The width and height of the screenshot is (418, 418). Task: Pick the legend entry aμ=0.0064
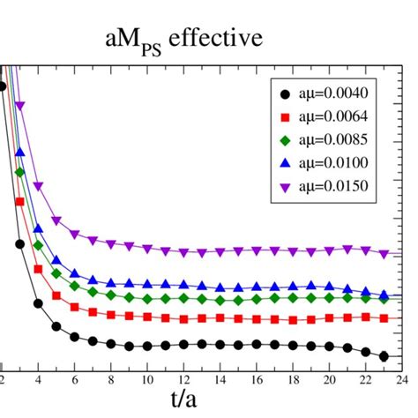tap(332, 116)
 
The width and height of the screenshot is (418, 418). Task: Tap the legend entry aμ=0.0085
tap(332, 139)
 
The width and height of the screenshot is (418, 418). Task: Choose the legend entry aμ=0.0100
tap(332, 162)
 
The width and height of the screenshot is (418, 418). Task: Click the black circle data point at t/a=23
tap(384, 356)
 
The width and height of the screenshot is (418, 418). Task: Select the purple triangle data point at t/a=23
tap(384, 254)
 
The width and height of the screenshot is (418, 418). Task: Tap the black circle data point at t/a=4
tap(38, 305)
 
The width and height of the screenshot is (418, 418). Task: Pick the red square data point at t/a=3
tap(20, 203)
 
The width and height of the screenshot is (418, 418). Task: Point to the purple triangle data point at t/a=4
tap(38, 186)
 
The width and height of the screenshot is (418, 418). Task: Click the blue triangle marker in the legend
tap(283, 162)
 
